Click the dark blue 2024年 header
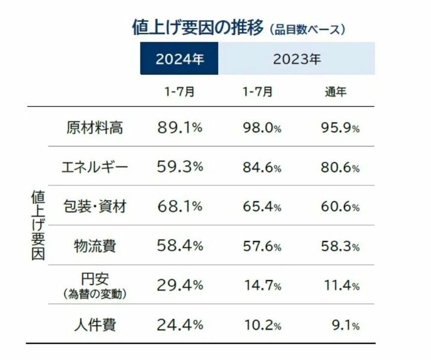click(179, 59)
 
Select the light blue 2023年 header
click(297, 59)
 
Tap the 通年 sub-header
click(335, 92)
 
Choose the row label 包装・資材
click(94, 206)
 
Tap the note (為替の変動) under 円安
click(94, 294)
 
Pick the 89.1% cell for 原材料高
click(180, 127)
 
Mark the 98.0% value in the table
click(262, 128)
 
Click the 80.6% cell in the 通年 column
click(340, 168)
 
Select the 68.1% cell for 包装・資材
click(180, 206)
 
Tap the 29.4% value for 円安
click(180, 285)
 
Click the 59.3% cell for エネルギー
click(180, 167)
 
